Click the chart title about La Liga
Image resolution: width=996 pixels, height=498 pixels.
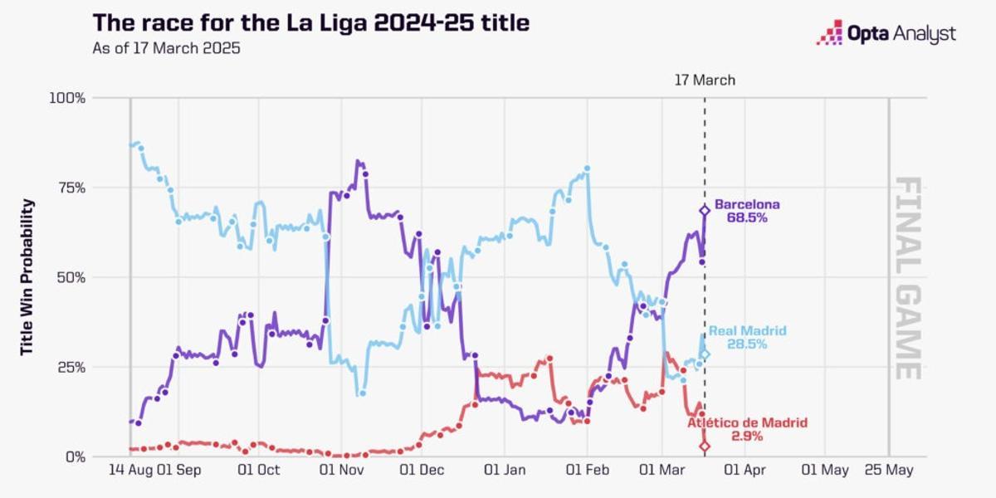[x=310, y=22]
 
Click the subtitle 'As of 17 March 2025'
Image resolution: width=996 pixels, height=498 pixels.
[x=166, y=48]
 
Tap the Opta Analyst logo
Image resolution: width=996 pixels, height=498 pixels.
[x=886, y=34]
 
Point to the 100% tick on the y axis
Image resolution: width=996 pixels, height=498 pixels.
[x=67, y=98]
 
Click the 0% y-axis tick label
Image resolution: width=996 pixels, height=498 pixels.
[x=75, y=456]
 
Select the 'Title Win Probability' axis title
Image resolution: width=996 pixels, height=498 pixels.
[x=27, y=277]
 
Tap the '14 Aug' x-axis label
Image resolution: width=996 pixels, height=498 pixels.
[x=128, y=471]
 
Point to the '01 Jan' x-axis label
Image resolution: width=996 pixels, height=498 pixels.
[x=504, y=471]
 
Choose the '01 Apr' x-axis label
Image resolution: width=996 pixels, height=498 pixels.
[x=743, y=471]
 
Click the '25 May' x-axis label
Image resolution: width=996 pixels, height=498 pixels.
[x=889, y=471]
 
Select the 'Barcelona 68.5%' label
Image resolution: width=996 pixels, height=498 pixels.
[x=746, y=211]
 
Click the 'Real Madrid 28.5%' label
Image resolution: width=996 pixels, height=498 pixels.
[x=746, y=337]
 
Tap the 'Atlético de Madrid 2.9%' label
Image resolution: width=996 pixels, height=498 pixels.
[x=746, y=429]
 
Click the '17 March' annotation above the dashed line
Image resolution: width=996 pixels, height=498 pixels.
[x=704, y=81]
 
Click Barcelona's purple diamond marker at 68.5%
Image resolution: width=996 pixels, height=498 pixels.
[x=705, y=211]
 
